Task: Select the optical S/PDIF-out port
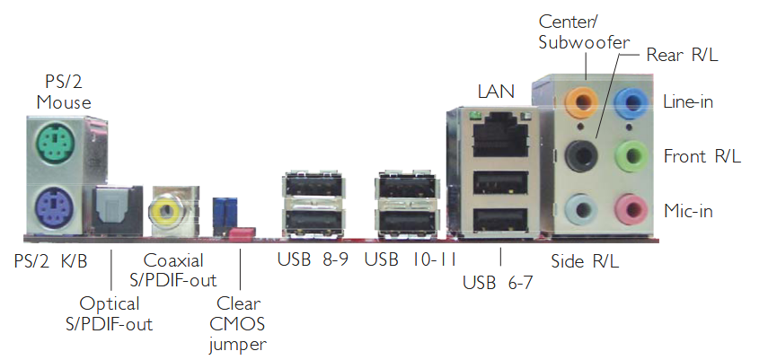113,210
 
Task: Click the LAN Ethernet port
495,134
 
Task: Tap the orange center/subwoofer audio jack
585,99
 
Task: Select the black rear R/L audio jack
585,154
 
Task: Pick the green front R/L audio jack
635,155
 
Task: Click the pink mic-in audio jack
635,210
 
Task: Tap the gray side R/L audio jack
585,210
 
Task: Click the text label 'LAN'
497,91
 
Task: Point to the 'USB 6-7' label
497,284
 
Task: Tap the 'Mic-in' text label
690,211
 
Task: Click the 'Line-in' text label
688,101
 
